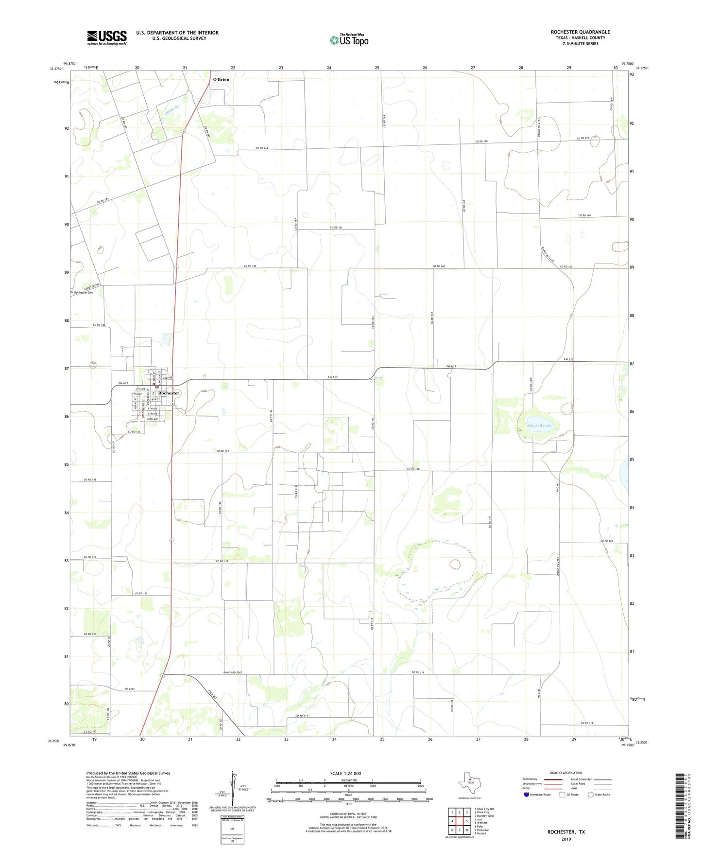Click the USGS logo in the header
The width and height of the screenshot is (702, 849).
click(107, 37)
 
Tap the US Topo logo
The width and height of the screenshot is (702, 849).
click(348, 39)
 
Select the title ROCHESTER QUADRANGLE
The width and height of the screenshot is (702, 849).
click(580, 32)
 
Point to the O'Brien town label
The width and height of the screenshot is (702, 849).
click(221, 79)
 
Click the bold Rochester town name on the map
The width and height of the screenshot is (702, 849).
click(169, 393)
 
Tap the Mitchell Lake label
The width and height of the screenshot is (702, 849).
click(539, 426)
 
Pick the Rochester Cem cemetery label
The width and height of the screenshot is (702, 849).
click(84, 293)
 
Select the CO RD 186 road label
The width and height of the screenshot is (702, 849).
click(250, 266)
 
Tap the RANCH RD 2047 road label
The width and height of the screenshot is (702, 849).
click(233, 672)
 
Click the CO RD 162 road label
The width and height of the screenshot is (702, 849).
click(336, 228)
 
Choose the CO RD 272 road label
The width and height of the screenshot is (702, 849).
click(583, 139)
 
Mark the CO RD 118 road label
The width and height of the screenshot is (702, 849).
click(587, 723)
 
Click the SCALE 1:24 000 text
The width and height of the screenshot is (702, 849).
click(345, 774)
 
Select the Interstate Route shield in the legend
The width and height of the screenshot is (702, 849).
click(527, 795)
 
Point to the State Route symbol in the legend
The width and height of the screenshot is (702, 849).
click(591, 795)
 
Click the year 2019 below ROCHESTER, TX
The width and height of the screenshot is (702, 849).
click(566, 839)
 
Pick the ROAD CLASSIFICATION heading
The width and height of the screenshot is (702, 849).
click(566, 773)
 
